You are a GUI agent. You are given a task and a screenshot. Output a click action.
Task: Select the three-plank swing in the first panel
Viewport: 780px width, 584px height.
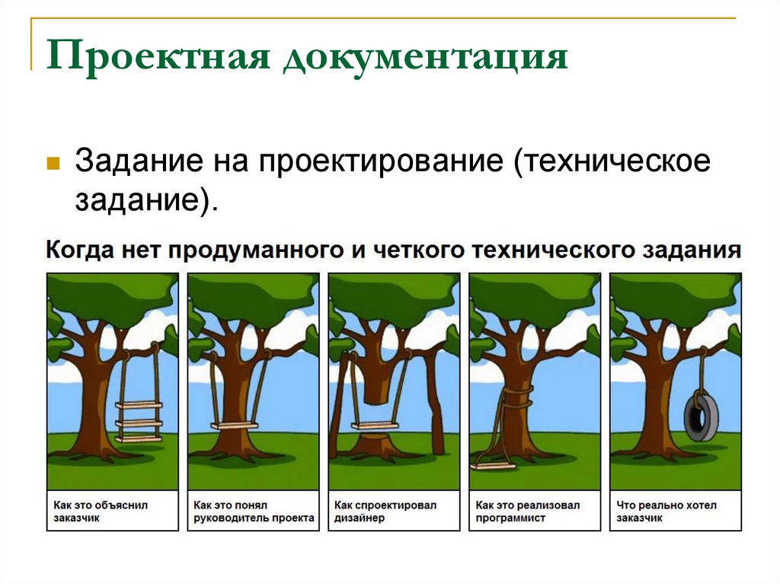(139, 421)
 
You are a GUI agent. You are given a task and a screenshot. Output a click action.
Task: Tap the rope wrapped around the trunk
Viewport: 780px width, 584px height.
(518, 395)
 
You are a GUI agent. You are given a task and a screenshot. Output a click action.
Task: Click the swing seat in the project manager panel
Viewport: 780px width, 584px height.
(235, 426)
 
